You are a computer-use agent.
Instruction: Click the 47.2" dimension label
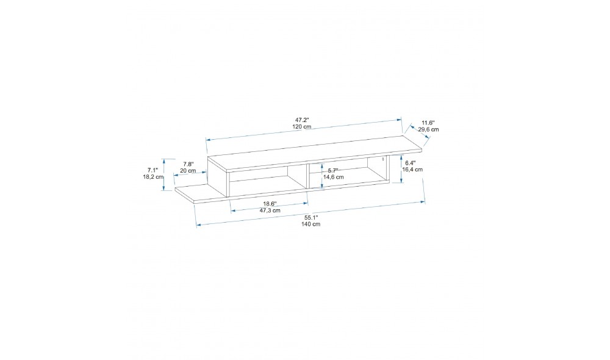coord(302,120)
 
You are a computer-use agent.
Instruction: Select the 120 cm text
coord(302,127)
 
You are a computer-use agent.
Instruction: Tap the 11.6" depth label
coord(428,123)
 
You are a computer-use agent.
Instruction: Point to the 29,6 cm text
coord(428,129)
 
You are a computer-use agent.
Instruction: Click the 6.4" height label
coord(411,163)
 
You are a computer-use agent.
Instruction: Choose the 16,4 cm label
coord(412,169)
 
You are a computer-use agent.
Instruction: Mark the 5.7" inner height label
coord(333,170)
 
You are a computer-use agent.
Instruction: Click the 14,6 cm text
coord(334,177)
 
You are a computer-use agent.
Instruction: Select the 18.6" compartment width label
coord(270,204)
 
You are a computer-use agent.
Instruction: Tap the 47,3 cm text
coord(270,210)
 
